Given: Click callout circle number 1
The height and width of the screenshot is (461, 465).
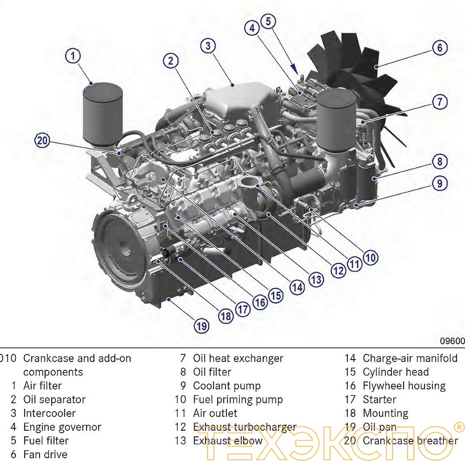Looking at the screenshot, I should click(x=74, y=55).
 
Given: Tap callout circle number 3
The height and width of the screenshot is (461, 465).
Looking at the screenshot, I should click(x=207, y=46).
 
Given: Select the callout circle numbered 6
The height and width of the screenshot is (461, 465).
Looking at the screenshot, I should click(x=439, y=48).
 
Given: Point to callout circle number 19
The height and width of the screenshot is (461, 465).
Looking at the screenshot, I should click(x=201, y=325).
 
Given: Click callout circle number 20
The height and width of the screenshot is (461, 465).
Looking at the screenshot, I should click(x=43, y=140).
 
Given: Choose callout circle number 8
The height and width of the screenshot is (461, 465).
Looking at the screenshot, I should click(x=439, y=162).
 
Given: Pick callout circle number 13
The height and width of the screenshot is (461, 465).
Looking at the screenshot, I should click(x=316, y=279).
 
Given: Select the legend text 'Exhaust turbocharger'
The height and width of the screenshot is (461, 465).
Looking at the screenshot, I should click(x=244, y=427).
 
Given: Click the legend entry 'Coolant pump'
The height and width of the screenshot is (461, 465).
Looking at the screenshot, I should click(x=226, y=386).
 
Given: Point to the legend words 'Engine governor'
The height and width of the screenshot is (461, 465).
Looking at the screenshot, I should click(x=62, y=427).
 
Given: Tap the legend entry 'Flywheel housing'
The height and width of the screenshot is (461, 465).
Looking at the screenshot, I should click(x=404, y=386).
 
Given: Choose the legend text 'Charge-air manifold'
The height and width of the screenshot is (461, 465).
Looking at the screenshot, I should click(x=410, y=358).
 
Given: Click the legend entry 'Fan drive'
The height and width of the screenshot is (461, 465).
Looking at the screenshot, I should click(x=45, y=454).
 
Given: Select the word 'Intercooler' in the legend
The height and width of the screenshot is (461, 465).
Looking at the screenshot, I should click(x=49, y=413).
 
